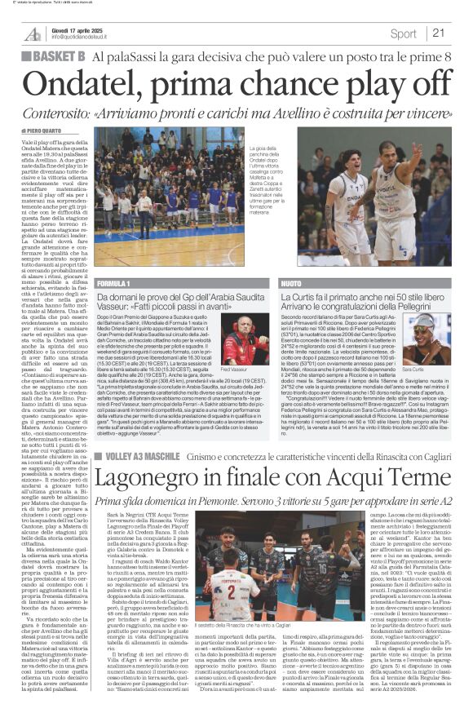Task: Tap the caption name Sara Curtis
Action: coord(435,370)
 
